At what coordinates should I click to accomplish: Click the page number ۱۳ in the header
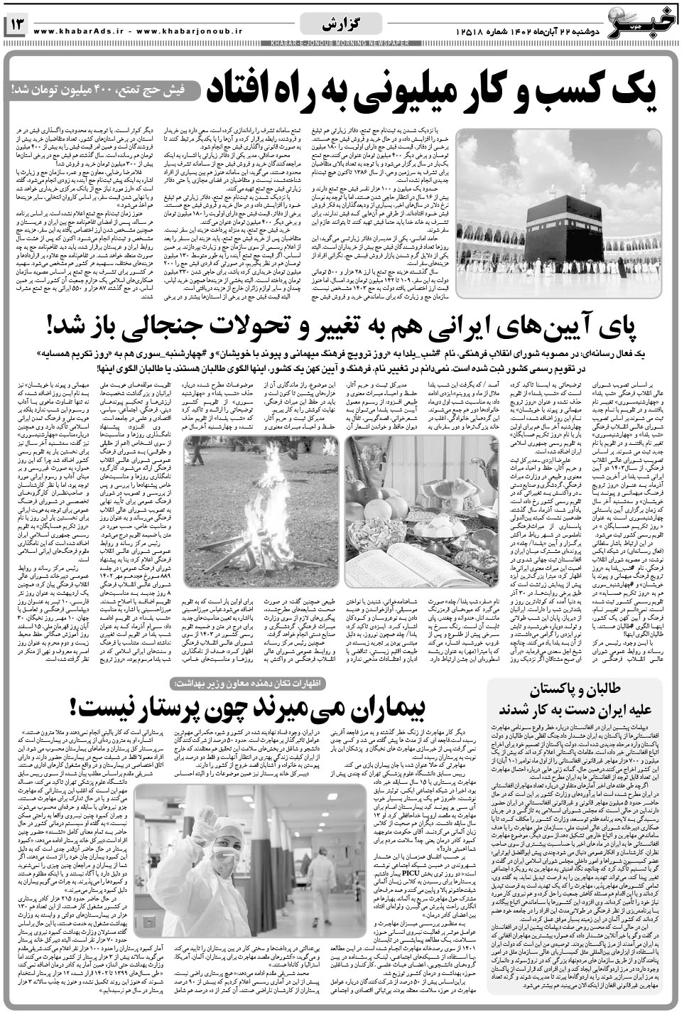(16, 26)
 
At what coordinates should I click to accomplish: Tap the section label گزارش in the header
(342, 26)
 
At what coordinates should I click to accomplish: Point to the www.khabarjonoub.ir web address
(188, 31)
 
